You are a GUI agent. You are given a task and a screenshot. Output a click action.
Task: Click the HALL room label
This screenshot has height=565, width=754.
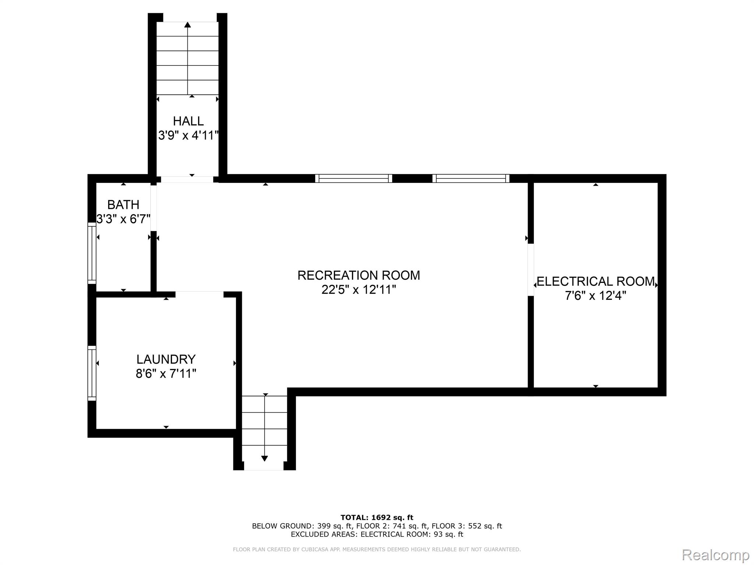188,121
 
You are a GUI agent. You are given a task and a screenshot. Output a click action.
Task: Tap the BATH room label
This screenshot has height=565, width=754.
123,205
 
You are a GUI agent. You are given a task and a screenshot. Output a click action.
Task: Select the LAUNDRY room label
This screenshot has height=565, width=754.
166,359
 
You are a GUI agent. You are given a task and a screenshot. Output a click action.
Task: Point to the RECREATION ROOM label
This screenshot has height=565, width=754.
359,275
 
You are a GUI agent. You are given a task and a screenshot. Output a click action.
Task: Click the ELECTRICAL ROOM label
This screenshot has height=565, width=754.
596,281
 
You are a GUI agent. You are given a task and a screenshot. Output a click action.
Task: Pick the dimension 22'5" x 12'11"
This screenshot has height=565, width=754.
359,290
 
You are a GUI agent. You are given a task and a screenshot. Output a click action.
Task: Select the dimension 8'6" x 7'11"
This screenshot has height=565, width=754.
166,374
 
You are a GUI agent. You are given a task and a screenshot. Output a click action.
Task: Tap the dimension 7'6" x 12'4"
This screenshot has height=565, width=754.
596,296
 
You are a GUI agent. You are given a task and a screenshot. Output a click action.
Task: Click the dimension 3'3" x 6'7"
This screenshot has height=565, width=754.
123,219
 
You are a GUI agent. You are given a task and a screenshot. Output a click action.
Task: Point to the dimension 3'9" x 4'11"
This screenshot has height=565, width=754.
188,135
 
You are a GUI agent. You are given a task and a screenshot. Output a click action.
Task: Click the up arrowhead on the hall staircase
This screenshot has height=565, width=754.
188,25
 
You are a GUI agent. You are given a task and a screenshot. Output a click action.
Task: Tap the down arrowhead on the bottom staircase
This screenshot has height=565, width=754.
264,458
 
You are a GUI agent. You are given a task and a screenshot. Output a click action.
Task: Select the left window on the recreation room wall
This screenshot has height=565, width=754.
354,178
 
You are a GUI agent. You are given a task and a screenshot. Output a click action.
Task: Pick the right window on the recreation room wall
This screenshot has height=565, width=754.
471,178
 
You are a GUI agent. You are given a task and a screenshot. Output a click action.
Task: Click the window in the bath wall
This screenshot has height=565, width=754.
92,253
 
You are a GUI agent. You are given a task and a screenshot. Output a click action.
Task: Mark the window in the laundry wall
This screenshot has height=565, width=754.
92,373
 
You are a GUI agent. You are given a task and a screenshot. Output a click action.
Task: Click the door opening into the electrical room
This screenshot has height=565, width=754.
531,270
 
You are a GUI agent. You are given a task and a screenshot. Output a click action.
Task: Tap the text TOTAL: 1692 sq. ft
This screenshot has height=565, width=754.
377,518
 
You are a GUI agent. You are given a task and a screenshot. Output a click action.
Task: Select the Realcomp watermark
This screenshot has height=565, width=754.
715,555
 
